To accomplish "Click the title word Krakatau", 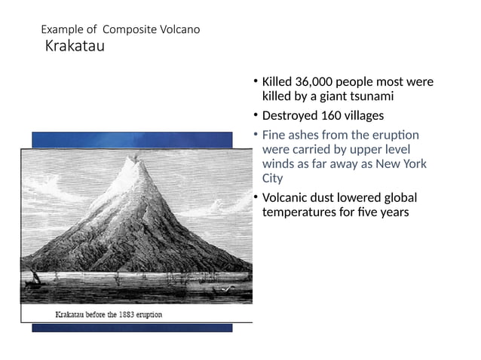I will click(x=75, y=47).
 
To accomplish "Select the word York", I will click(x=413, y=163).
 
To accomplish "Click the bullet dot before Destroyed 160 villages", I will click(x=255, y=115).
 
